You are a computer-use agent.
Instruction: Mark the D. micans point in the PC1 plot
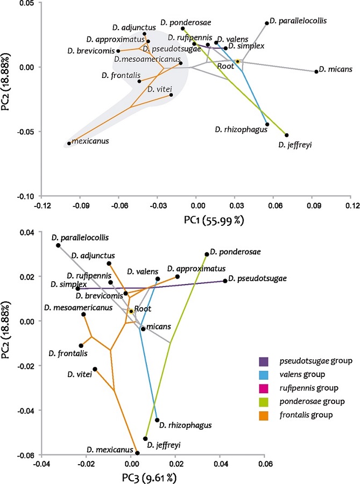(316, 72)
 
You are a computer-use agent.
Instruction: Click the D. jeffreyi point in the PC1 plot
(286, 136)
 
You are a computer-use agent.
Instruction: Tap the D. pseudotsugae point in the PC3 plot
(225, 281)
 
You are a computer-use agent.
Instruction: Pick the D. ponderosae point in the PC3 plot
(207, 254)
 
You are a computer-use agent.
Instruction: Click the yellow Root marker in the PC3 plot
(130, 311)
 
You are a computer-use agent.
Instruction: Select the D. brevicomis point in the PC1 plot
(118, 51)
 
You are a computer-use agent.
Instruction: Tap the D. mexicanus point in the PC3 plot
(137, 453)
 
